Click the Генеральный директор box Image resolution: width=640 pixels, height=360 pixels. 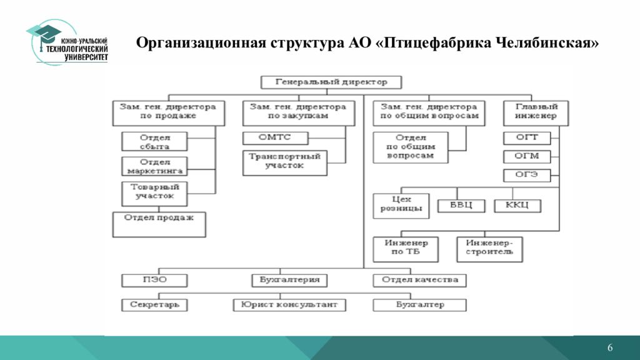click(331, 82)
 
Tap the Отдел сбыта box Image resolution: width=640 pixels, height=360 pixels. click(146, 141)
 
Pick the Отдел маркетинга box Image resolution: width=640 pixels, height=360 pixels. click(154, 166)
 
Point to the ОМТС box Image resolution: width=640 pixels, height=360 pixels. click(276, 137)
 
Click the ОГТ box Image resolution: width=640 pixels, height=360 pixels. click(527, 137)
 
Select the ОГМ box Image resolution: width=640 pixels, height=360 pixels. click(527, 156)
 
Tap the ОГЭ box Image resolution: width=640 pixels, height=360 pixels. click(527, 174)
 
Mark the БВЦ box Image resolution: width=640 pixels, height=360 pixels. click(459, 206)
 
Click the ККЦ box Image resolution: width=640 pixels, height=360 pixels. click(517, 206)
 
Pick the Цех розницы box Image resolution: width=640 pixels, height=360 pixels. click(401, 206)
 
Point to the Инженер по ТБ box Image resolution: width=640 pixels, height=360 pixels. click(406, 248)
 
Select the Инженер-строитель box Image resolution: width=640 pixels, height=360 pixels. click(489, 248)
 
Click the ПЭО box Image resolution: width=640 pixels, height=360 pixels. click(154, 279)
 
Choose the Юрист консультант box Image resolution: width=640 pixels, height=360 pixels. click(289, 304)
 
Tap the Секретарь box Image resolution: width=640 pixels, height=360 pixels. click(154, 304)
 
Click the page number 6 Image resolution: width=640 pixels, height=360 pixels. click(610, 348)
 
